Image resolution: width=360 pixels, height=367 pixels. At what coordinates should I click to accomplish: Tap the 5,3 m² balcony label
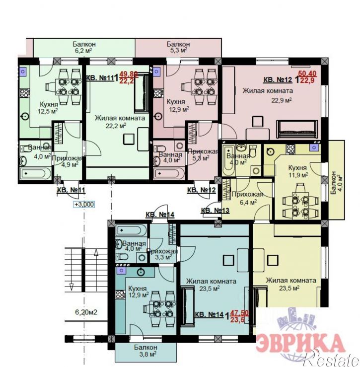tap(177, 47)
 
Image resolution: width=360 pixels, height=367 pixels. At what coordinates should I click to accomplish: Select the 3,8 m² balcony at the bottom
tap(145, 351)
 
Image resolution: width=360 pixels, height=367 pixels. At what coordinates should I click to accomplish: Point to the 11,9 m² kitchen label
tap(298, 171)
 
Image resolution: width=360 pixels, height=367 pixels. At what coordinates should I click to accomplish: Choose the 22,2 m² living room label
tap(119, 121)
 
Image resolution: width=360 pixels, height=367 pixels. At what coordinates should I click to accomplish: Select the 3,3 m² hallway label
tap(163, 254)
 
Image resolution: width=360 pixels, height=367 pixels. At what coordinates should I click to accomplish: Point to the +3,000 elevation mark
tap(83, 204)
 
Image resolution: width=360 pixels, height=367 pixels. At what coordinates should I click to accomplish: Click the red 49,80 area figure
tap(128, 74)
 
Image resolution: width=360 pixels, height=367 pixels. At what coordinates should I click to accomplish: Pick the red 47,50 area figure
tap(239, 312)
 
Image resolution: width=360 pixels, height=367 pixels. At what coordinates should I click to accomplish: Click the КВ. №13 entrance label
tap(215, 211)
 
